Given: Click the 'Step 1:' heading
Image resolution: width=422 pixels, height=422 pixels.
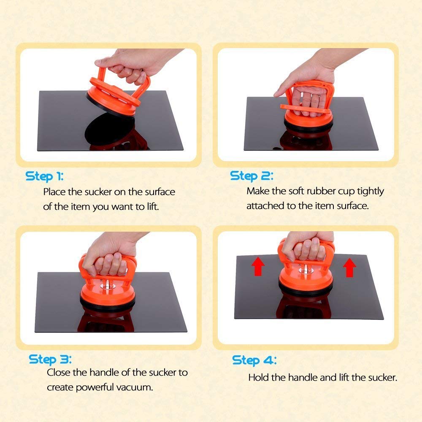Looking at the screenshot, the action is click(x=44, y=176).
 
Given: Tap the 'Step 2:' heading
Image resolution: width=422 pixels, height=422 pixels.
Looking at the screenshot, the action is click(x=252, y=176).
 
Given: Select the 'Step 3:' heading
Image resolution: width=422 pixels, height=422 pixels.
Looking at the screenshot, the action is click(x=50, y=360).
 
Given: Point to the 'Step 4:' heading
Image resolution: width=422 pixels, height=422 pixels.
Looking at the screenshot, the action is click(x=254, y=360).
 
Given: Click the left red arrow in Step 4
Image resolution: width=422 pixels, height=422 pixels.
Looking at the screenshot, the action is click(x=258, y=266).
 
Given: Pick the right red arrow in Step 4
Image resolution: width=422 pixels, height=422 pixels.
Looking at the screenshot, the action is click(x=349, y=267).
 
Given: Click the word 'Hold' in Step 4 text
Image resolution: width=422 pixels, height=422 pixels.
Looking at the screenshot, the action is click(x=259, y=378).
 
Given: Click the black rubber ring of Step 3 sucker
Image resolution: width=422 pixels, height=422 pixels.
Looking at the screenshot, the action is click(x=107, y=305).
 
